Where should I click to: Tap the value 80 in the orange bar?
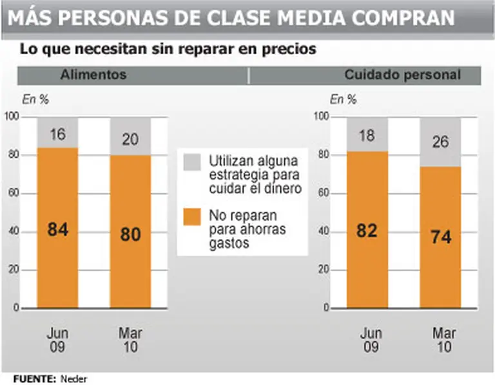coord(130,234)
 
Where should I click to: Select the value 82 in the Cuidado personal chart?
coord(367,230)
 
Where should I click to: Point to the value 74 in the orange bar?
coord(441,236)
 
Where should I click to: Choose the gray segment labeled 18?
coord(367,136)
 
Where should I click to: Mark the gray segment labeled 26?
coord(441,142)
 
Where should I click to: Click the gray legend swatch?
coord(192,161)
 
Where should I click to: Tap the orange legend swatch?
coord(192,216)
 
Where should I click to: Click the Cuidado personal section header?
coord(402,75)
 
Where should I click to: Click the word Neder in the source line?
coord(73,378)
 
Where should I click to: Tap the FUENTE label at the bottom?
coord(34,378)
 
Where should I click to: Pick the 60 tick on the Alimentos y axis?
coord(11,193)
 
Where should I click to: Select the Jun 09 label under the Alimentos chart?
coord(58,341)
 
